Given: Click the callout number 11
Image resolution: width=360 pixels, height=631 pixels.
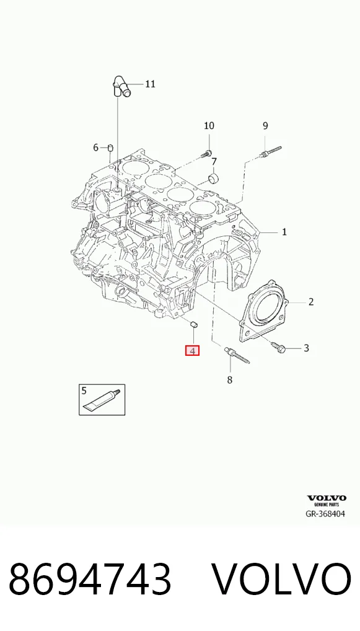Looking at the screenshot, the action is coord(150,84).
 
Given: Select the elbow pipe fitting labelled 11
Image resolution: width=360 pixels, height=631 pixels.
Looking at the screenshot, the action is coord(121,87).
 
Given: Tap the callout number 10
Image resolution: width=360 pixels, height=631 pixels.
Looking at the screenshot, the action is coord(209,126).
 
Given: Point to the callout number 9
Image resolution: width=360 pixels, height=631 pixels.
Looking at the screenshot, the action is coord(265,126).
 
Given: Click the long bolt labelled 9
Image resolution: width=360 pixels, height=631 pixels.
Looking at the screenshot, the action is coord(271,152).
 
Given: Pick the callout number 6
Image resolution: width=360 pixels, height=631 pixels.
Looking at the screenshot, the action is coord(96,148).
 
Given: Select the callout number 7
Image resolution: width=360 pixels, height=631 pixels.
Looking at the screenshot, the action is coord(214,162).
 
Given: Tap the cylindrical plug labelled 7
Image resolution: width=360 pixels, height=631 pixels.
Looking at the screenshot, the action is coord(213,179).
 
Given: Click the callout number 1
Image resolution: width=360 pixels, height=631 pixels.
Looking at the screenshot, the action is coord(284,232).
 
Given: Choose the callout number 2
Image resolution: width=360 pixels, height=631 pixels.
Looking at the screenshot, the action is coord(311,301).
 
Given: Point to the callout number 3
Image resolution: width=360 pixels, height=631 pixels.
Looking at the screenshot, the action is coord(306,348).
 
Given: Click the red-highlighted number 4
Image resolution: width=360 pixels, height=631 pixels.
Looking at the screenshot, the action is coord(192,351).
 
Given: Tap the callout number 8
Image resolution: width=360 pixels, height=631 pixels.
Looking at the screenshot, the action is coord(230,379).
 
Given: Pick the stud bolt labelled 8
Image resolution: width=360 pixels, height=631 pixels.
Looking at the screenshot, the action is coord(237,355).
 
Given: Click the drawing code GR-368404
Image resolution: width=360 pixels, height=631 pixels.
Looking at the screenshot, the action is coord(325,514).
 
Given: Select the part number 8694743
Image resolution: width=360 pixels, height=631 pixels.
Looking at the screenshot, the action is coord(90,580).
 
